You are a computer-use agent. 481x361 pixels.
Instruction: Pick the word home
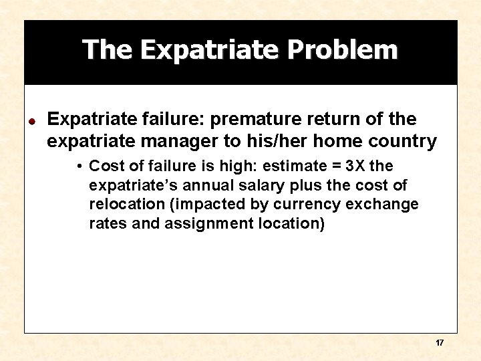[343, 142]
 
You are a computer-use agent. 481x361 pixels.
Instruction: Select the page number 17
[439, 342]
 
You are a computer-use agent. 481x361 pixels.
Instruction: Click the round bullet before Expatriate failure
[31, 122]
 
